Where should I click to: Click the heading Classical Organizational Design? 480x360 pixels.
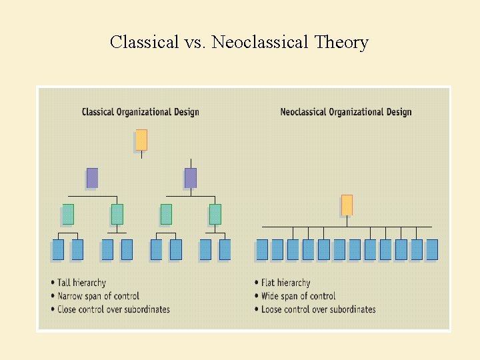point(140,112)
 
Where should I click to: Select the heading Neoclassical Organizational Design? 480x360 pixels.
point(345,112)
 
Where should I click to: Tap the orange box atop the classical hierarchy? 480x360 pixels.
point(141,140)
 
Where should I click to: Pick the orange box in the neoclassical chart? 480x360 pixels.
point(347,205)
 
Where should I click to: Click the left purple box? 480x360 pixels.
point(92,178)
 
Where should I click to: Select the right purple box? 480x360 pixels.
point(191,178)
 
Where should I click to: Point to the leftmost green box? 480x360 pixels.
point(68,214)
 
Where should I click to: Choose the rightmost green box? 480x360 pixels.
point(215,214)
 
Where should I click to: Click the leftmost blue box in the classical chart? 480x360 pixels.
point(58,249)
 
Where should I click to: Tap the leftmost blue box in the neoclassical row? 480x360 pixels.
point(262,249)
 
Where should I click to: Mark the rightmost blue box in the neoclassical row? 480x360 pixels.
point(432,249)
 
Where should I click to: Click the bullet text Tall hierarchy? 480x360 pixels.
point(81,283)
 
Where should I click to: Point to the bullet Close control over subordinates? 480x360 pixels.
point(113,309)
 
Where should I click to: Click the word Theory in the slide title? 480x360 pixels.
point(341,43)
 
